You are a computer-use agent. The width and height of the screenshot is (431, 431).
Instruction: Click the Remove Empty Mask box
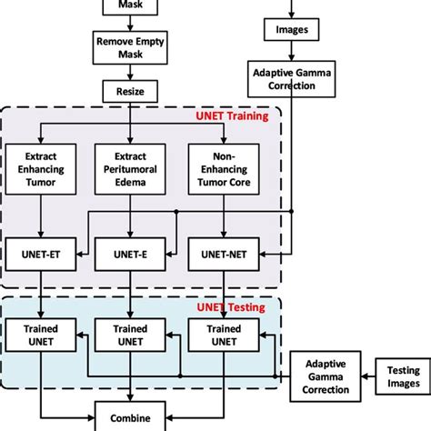130,48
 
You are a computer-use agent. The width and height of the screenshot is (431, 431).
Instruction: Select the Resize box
130,91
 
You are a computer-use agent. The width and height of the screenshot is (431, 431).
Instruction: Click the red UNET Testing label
231,307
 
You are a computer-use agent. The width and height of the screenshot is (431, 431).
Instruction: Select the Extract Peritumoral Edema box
130,168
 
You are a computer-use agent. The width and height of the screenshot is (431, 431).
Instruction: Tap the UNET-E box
130,256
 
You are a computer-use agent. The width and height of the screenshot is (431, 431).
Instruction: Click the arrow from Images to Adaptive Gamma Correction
291,51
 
